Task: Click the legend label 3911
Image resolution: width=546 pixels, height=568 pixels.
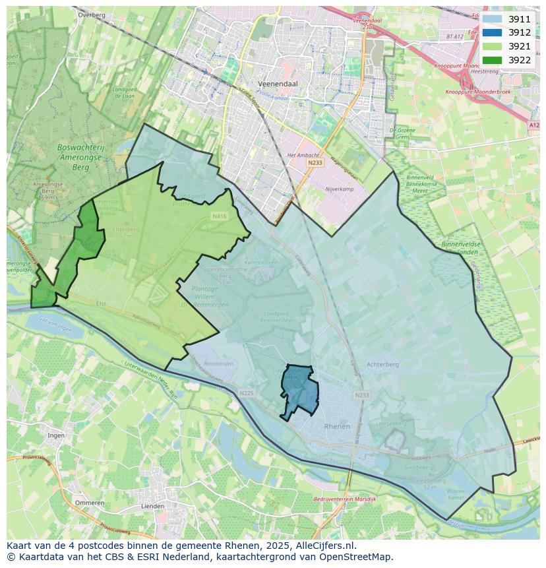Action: (519, 19)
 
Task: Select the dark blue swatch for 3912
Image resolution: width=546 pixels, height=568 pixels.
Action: (491, 33)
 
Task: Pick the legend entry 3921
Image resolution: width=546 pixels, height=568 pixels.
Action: (519, 46)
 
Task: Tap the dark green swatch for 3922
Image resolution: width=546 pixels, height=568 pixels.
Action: (491, 60)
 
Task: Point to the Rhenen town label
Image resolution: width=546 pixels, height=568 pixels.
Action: (337, 427)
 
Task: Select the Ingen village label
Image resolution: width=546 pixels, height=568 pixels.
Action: (56, 435)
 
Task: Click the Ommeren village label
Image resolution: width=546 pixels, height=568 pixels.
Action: (90, 503)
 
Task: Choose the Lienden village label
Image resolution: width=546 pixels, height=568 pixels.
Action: (153, 506)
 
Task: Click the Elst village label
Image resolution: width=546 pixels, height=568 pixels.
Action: (101, 303)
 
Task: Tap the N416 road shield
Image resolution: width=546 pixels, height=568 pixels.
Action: (219, 216)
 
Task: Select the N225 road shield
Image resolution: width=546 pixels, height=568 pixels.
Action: (247, 393)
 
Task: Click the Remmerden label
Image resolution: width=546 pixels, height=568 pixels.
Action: (219, 363)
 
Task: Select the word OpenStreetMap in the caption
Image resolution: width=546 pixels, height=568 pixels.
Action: (357, 557)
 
